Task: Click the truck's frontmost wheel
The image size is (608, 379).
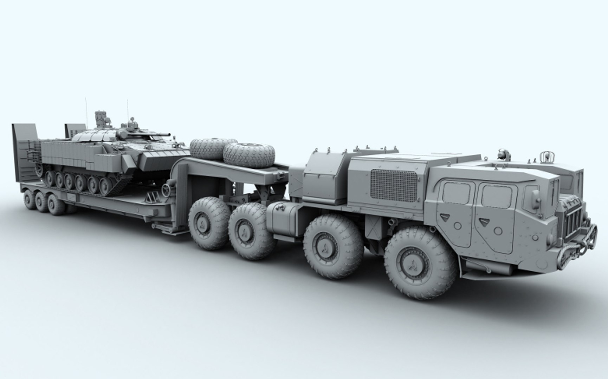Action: click(421, 262)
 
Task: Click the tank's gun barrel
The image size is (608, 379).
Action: click(162, 135)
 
